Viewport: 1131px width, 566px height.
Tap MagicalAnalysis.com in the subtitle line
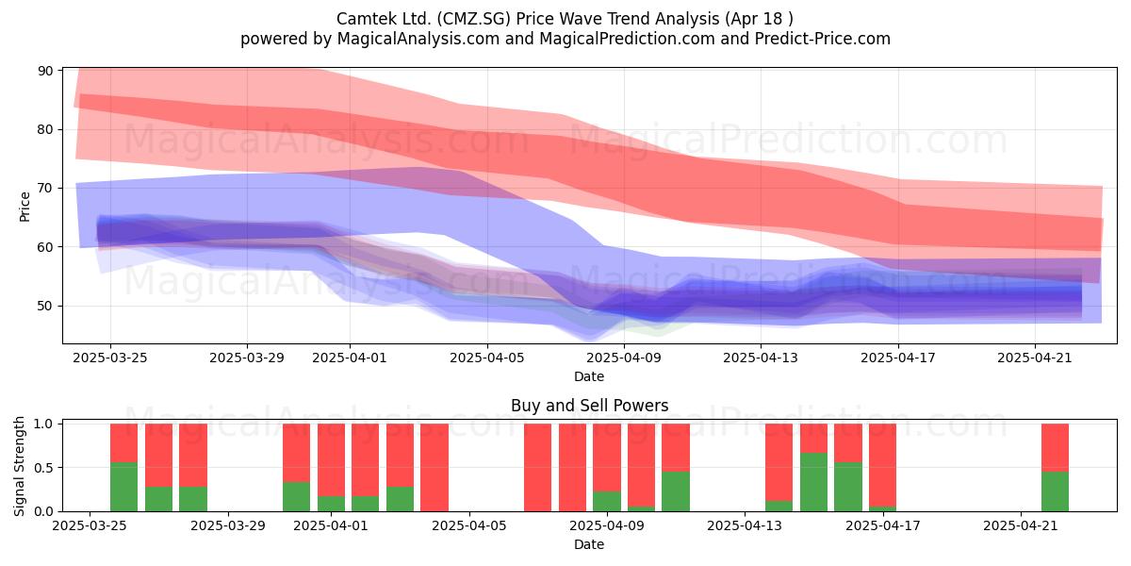tap(418, 39)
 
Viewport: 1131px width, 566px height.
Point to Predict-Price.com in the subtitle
tap(823, 39)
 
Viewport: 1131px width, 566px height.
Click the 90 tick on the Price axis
tap(45, 71)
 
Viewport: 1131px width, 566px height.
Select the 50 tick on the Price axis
tap(45, 306)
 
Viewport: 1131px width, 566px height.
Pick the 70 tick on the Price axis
tap(45, 189)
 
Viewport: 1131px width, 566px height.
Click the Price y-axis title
tap(25, 208)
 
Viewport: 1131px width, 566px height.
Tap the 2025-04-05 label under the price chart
tap(487, 358)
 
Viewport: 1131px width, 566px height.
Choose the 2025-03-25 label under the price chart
tap(110, 358)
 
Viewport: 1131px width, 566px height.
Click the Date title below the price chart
tap(589, 376)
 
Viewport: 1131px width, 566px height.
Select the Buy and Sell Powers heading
tap(589, 406)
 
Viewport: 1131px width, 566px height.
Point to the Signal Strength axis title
tap(19, 466)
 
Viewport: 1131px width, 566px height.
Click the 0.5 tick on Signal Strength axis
tap(43, 468)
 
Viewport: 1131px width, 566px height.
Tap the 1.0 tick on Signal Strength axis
tap(43, 424)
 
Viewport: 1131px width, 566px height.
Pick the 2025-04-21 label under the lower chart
tap(1021, 525)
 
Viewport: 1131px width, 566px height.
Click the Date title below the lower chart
tap(589, 544)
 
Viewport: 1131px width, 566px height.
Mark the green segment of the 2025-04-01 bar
tap(331, 504)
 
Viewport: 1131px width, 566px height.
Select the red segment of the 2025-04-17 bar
tap(882, 465)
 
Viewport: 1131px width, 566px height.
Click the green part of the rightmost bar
tap(1056, 491)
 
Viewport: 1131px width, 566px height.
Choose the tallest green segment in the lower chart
tap(814, 482)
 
